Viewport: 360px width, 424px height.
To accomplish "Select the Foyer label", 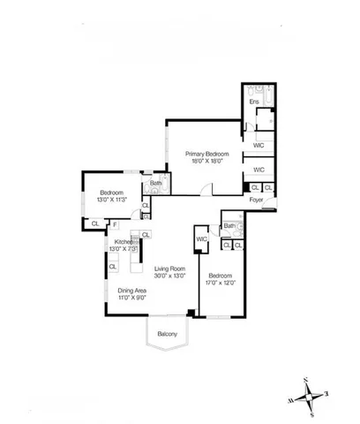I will point(257,200).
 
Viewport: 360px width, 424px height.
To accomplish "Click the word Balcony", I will point(168,333).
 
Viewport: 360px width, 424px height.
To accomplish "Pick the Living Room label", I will point(169,269).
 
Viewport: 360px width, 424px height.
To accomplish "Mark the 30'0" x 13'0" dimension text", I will point(169,276).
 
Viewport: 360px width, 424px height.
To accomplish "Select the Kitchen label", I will point(124,242).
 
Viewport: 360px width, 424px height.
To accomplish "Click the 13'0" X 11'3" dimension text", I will point(111,200).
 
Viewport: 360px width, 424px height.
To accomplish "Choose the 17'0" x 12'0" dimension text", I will point(221,282).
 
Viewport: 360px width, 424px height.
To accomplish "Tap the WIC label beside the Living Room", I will point(201,238).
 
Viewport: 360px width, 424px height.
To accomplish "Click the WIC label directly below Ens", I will point(259,145).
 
